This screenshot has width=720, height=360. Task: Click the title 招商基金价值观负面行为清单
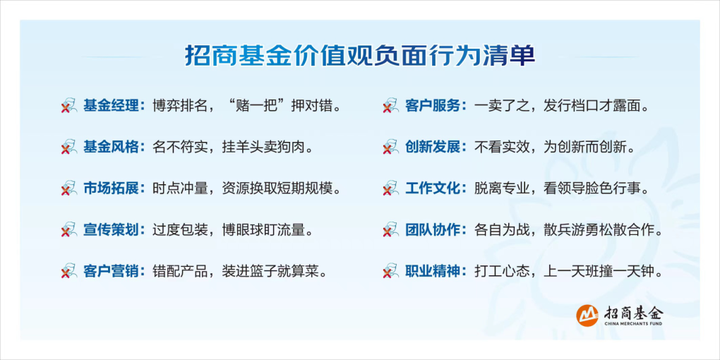point(360,56)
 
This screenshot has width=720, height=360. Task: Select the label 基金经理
point(111,106)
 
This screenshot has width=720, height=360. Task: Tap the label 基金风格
point(111,148)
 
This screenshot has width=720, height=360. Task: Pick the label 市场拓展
point(111,188)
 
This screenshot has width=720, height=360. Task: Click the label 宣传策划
point(111,229)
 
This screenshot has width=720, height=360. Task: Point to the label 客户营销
point(111,270)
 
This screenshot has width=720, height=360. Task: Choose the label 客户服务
point(433,106)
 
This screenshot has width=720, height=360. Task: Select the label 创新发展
point(433,148)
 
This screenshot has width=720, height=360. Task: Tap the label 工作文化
point(433,188)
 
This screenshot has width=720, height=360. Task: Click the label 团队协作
point(433,229)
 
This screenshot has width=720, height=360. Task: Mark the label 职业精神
point(433,270)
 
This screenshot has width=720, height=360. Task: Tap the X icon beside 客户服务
point(391,106)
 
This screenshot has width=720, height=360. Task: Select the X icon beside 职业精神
point(391,270)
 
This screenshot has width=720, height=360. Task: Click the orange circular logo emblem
point(588,316)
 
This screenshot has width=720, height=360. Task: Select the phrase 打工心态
point(503,270)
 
